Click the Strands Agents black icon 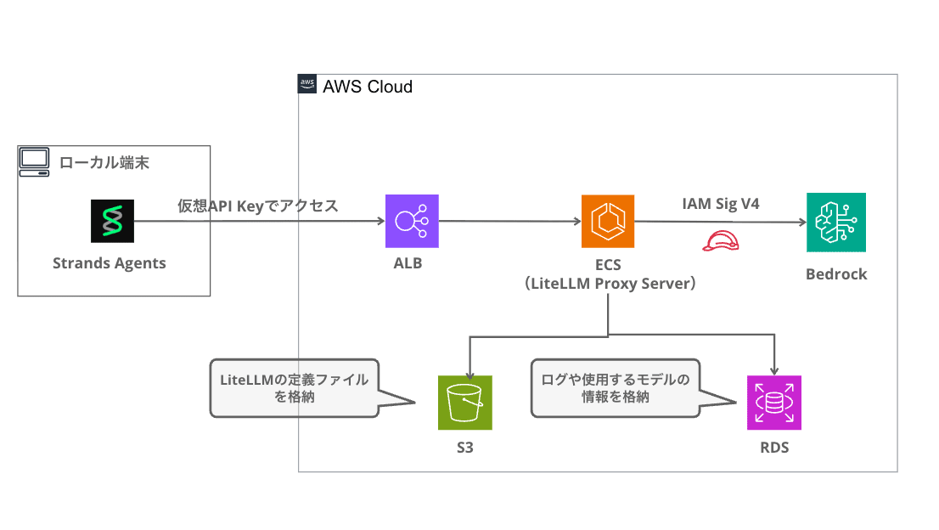[113, 222]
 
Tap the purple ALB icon [413, 222]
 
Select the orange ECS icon [608, 222]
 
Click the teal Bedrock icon [836, 222]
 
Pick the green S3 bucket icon [464, 403]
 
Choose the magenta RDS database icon [773, 403]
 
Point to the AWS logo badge [307, 84]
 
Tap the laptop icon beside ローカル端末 [35, 161]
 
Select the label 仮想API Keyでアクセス [257, 206]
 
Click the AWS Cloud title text [368, 87]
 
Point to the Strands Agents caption [110, 262]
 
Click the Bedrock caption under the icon [836, 274]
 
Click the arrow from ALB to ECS [509, 222]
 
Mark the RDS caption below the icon [773, 447]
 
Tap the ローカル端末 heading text [104, 161]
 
